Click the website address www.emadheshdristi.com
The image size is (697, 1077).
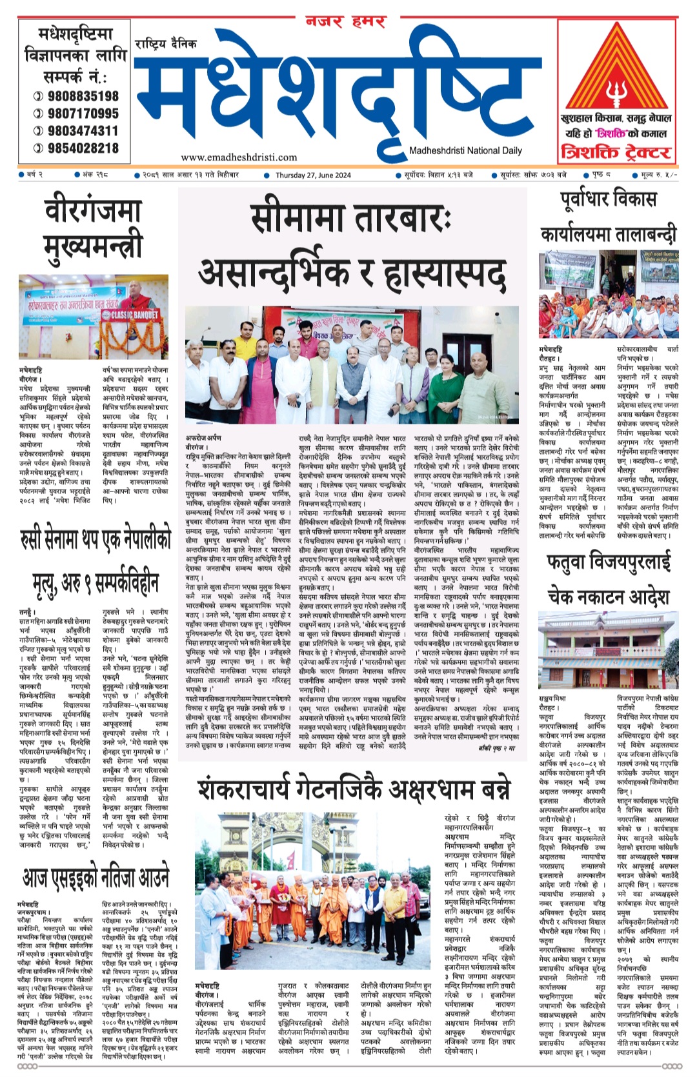239,157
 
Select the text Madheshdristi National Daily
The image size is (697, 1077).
465,151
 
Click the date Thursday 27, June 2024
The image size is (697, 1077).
313,175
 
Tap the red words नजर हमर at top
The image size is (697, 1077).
345,22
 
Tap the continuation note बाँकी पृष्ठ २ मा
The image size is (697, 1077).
497,748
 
